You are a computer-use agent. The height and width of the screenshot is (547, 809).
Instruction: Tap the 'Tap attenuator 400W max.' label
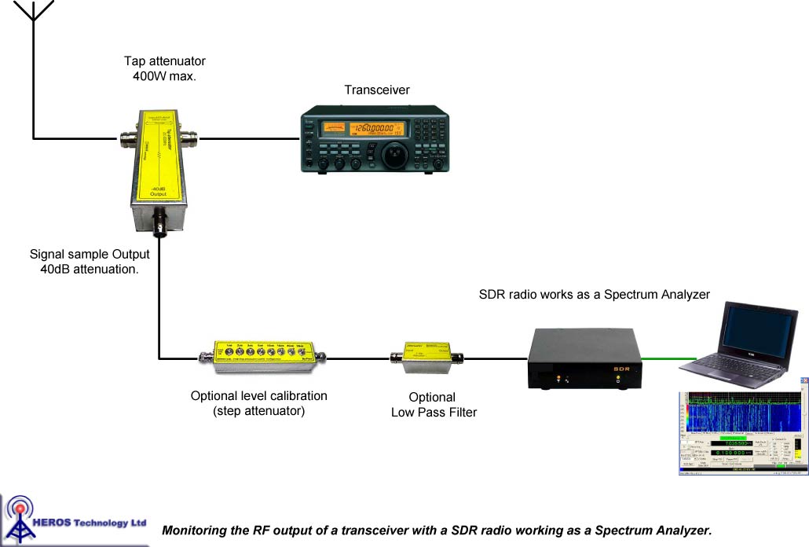click(x=165, y=68)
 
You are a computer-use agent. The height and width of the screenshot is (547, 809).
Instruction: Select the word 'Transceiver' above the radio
click(x=377, y=90)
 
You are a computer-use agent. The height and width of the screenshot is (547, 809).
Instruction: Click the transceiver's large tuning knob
click(x=395, y=156)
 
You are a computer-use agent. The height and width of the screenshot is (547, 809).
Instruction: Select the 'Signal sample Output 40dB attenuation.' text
click(x=90, y=262)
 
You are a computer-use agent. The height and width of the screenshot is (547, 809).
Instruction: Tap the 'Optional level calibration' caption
click(x=259, y=396)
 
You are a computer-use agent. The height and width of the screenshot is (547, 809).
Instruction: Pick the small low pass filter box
click(x=426, y=358)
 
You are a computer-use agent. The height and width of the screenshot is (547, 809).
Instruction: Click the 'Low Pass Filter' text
click(x=434, y=413)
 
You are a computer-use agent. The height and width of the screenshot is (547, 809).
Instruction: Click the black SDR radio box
click(x=585, y=359)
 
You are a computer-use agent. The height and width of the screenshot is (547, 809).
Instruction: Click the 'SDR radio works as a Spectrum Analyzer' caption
click(x=595, y=295)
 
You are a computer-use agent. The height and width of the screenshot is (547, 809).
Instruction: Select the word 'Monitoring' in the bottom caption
click(x=194, y=530)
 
